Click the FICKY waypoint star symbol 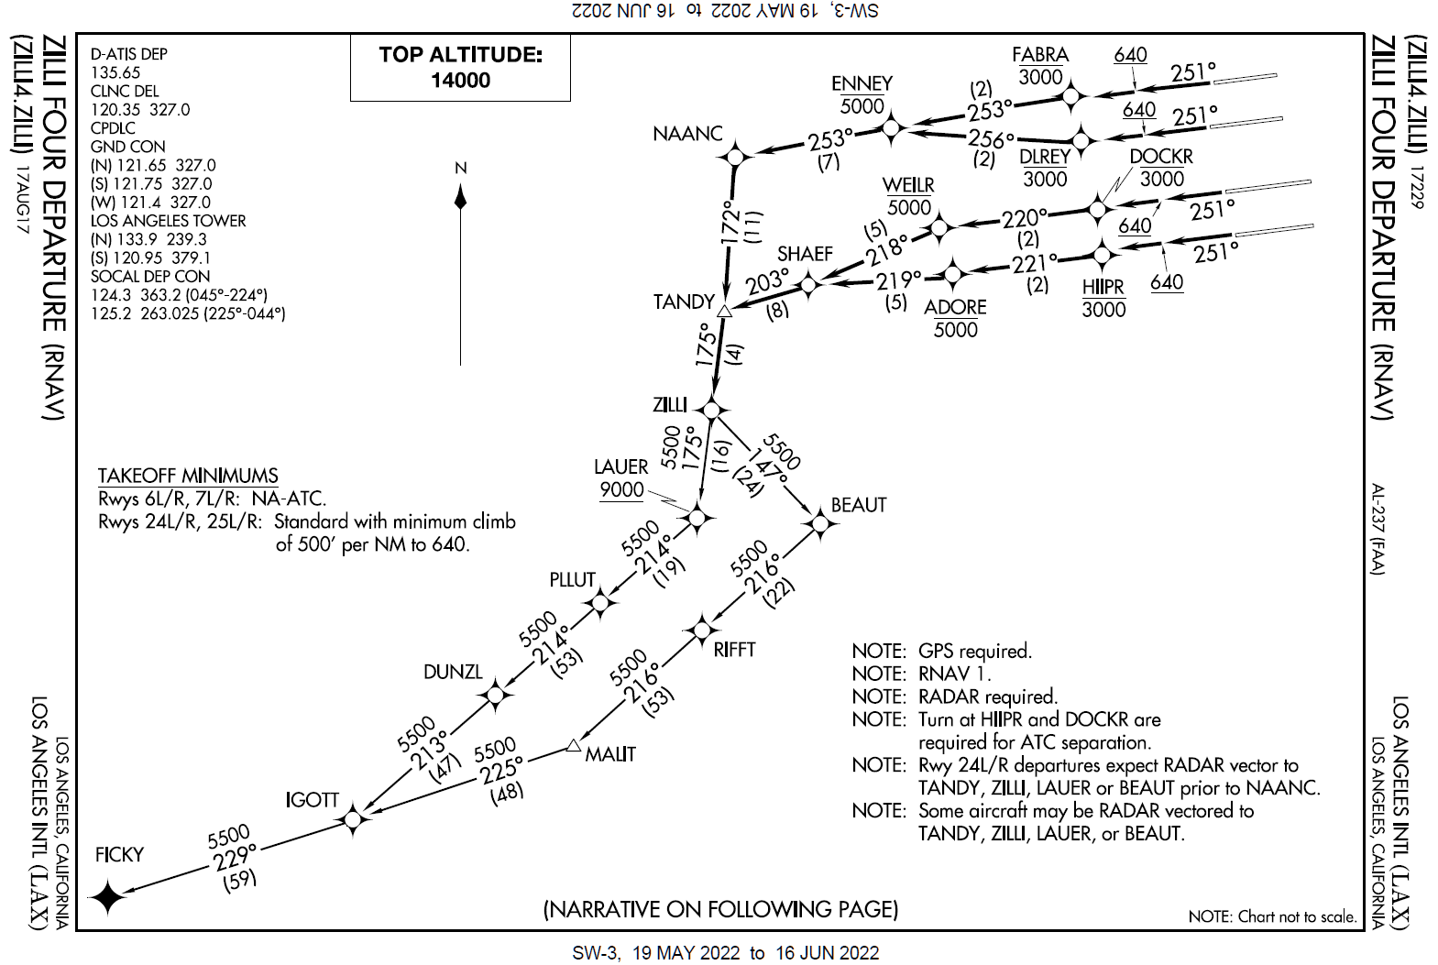click(x=108, y=896)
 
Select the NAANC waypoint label click(x=688, y=134)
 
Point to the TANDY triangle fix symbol click(x=724, y=312)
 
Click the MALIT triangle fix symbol click(x=574, y=746)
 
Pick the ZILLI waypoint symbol click(x=711, y=409)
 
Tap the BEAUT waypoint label click(x=859, y=505)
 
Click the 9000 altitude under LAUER click(x=621, y=490)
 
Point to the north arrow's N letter click(x=461, y=168)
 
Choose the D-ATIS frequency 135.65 click(x=115, y=72)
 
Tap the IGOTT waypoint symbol click(x=355, y=818)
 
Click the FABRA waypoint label click(x=1040, y=54)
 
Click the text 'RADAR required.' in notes click(x=988, y=696)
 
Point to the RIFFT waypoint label click(x=734, y=650)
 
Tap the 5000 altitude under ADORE click(x=955, y=330)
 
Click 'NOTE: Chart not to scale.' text click(x=1272, y=916)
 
